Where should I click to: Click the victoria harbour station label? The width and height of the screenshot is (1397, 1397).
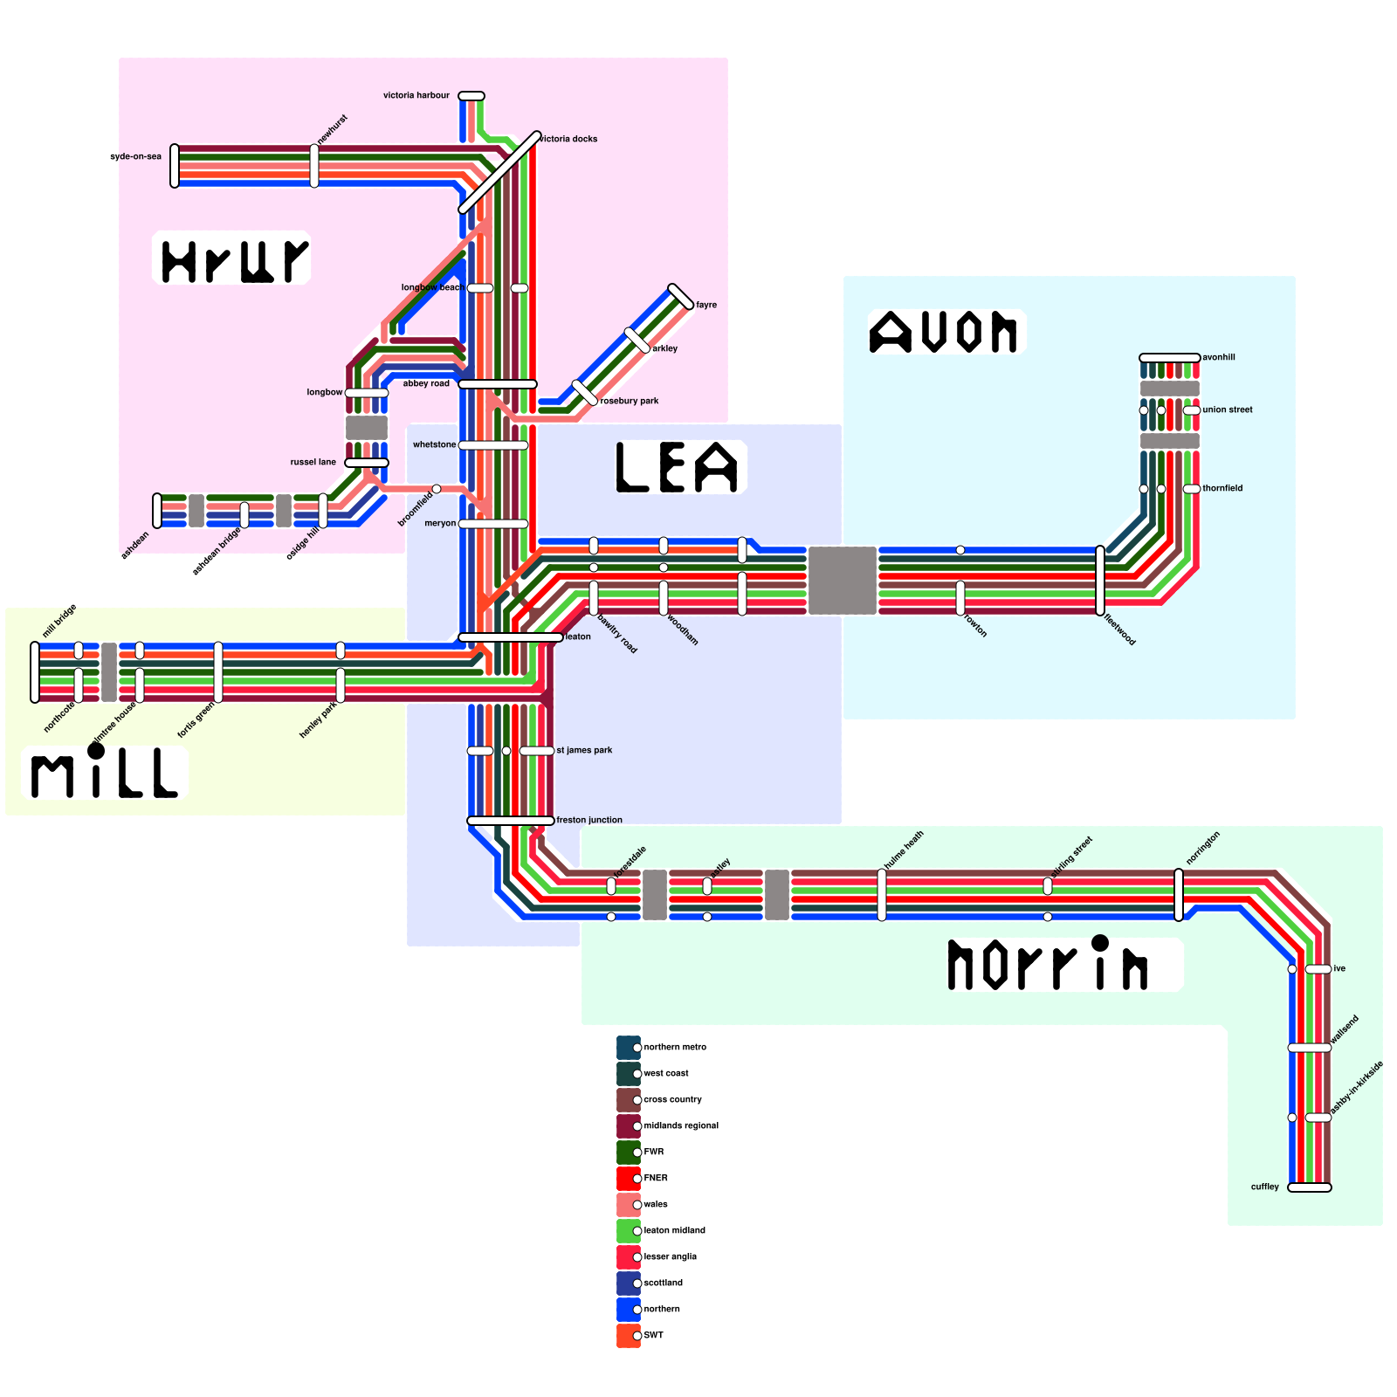(x=416, y=95)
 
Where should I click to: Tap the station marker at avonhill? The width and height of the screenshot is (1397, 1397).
(x=1170, y=358)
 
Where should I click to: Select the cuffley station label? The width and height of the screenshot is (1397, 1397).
(x=1264, y=1187)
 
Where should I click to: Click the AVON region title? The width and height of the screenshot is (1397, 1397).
(x=944, y=332)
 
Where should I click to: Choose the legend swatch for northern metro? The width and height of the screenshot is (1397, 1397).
(x=628, y=1048)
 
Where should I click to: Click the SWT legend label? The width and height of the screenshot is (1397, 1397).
(x=653, y=1336)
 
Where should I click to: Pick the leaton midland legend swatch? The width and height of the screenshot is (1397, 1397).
(x=628, y=1231)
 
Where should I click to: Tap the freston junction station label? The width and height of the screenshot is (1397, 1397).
(x=589, y=820)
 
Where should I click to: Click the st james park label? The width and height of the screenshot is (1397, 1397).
(x=584, y=750)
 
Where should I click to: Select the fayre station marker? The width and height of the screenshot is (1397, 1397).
(x=681, y=297)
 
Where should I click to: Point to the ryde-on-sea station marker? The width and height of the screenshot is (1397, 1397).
(x=175, y=166)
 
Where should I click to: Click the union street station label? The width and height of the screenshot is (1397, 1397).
(x=1227, y=409)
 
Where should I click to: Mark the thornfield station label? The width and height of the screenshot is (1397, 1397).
(x=1222, y=488)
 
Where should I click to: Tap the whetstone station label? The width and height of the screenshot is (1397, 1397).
(x=434, y=444)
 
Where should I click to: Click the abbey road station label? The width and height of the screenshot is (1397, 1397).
(x=426, y=383)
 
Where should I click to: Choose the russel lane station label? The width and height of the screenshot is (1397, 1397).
(x=313, y=462)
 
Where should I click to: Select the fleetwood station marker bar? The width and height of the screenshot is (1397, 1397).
(x=1100, y=581)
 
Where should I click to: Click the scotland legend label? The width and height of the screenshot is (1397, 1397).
(x=663, y=1283)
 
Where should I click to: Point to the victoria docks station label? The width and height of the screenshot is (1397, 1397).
(x=568, y=139)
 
